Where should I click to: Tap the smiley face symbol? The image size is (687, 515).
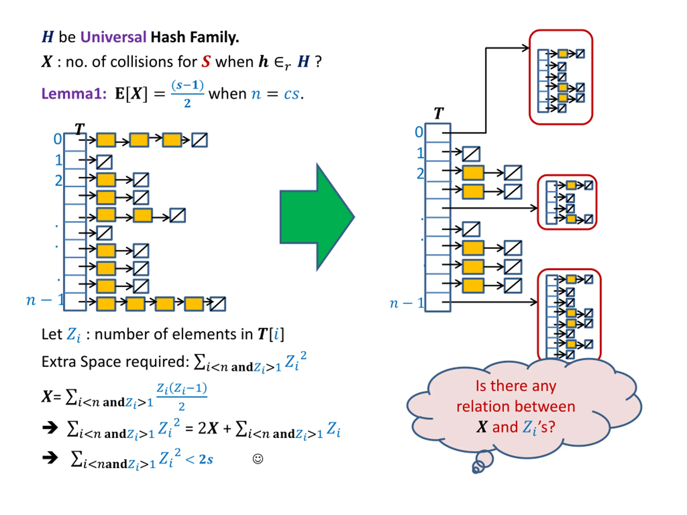258,459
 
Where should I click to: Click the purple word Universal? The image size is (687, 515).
113,37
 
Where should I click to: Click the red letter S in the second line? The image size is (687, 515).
206,61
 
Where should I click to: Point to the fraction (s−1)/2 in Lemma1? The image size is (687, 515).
187,93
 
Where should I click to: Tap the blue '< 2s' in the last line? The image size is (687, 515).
199,459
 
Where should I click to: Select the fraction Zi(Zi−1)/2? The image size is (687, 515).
182,397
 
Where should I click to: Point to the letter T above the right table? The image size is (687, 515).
438,113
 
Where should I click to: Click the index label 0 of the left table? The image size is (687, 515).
57,139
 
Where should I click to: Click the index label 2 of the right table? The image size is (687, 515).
420,174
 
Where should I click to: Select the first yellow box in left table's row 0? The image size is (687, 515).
106,140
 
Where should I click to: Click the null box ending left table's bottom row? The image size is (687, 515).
218,304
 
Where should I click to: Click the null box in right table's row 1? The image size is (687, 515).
471,154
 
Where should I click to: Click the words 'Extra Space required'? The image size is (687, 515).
115,362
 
